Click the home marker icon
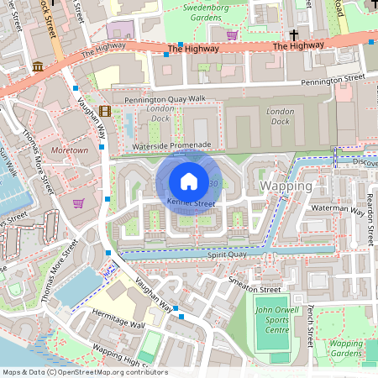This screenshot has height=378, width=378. point(189,181)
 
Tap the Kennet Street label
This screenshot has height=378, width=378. point(191,204)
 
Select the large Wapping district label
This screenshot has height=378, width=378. point(286,185)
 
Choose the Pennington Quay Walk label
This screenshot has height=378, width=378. point(164,100)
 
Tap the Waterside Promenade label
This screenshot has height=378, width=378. point(171,145)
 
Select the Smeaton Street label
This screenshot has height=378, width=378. point(258,289)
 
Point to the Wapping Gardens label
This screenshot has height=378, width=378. point(345,349)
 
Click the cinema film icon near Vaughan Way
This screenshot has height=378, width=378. point(105,111)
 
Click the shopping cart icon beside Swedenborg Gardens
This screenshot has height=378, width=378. point(232,35)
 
